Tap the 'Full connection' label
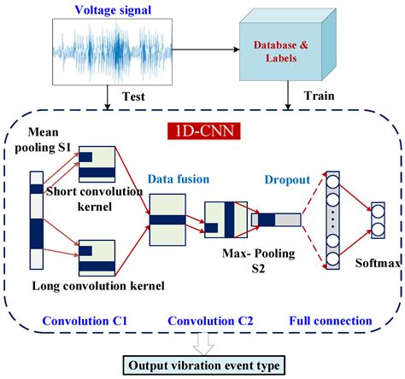click(x=329, y=321)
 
